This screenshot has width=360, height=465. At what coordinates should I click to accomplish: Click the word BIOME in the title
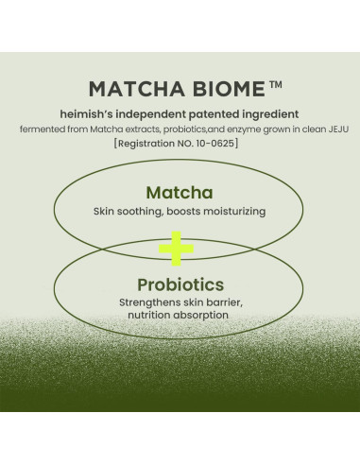click(219, 90)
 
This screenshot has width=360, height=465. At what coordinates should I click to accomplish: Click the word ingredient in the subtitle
click(271, 113)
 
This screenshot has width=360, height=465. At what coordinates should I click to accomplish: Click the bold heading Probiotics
click(180, 284)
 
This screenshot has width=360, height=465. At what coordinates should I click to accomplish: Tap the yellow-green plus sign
click(176, 249)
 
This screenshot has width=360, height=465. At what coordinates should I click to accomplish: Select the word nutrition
click(148, 317)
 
